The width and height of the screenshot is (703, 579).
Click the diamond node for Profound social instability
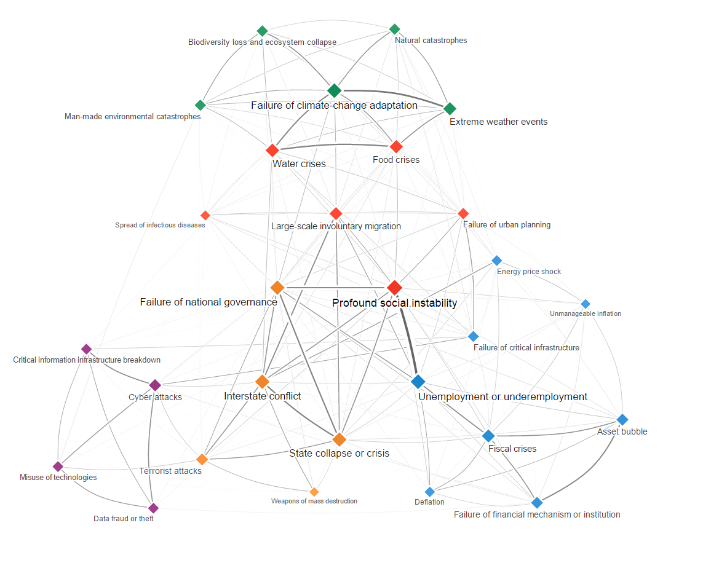(x=395, y=287)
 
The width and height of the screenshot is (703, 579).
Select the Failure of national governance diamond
(x=277, y=287)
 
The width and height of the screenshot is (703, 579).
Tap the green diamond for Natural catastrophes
(x=395, y=29)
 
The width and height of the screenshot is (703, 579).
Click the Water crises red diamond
(x=272, y=150)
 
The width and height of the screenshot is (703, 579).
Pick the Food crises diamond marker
(x=396, y=146)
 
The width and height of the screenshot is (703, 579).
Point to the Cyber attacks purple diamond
(x=155, y=385)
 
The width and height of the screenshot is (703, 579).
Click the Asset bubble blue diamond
(x=622, y=420)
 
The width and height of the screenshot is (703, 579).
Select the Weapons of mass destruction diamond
(x=314, y=492)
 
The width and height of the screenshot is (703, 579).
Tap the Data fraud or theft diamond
(x=153, y=508)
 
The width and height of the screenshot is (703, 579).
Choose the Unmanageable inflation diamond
(x=586, y=304)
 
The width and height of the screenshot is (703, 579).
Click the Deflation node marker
(x=430, y=492)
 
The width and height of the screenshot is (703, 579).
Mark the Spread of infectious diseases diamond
(x=205, y=215)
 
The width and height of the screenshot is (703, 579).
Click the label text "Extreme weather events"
(x=498, y=122)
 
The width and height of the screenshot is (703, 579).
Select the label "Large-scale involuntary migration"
(x=336, y=226)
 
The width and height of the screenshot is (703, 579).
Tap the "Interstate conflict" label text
(x=263, y=396)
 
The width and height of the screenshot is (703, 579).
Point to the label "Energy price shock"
(x=529, y=272)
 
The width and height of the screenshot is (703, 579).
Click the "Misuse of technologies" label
(x=58, y=478)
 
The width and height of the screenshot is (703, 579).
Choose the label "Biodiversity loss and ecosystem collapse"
(x=262, y=42)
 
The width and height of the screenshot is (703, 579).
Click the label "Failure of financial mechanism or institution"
(x=537, y=514)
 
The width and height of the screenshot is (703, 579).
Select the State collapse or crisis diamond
(x=340, y=439)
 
